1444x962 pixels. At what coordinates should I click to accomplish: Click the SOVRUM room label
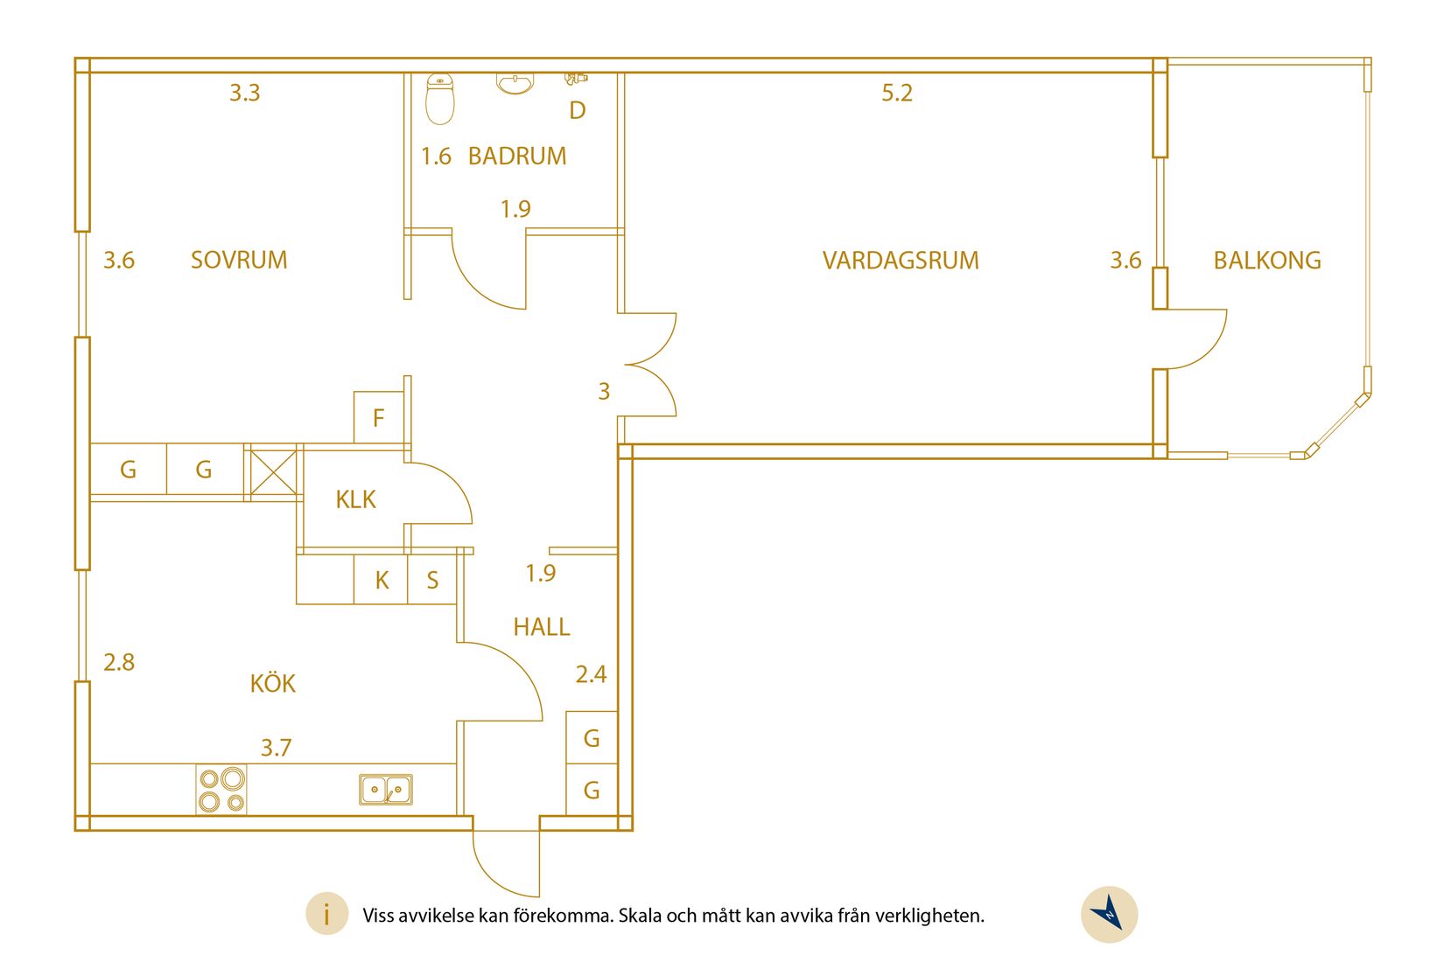point(239,260)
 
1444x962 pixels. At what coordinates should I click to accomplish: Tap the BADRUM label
point(516,156)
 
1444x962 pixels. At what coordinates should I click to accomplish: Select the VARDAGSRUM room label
point(901,260)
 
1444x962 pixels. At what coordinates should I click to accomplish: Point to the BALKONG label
point(1266,260)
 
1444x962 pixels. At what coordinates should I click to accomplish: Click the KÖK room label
point(273,683)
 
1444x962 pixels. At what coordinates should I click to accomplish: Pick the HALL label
point(542,626)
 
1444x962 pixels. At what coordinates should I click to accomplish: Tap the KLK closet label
point(355,499)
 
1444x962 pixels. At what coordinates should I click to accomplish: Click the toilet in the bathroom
point(440,99)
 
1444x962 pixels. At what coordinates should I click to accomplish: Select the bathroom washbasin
point(515,83)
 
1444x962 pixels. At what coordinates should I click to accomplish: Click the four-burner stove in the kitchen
point(221,790)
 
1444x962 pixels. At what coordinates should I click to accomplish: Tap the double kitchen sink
point(386,790)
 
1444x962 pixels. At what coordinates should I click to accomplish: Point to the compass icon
point(1110,915)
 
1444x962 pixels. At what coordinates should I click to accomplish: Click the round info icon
point(326,915)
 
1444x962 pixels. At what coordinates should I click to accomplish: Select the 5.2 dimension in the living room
point(897,93)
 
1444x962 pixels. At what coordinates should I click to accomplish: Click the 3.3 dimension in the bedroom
point(245,93)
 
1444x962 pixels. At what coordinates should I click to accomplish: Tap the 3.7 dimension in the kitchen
point(276,748)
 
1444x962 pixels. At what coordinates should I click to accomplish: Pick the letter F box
point(379,418)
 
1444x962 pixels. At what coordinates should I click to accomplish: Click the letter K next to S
point(382,580)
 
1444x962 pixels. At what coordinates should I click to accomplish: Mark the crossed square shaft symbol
point(272,473)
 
